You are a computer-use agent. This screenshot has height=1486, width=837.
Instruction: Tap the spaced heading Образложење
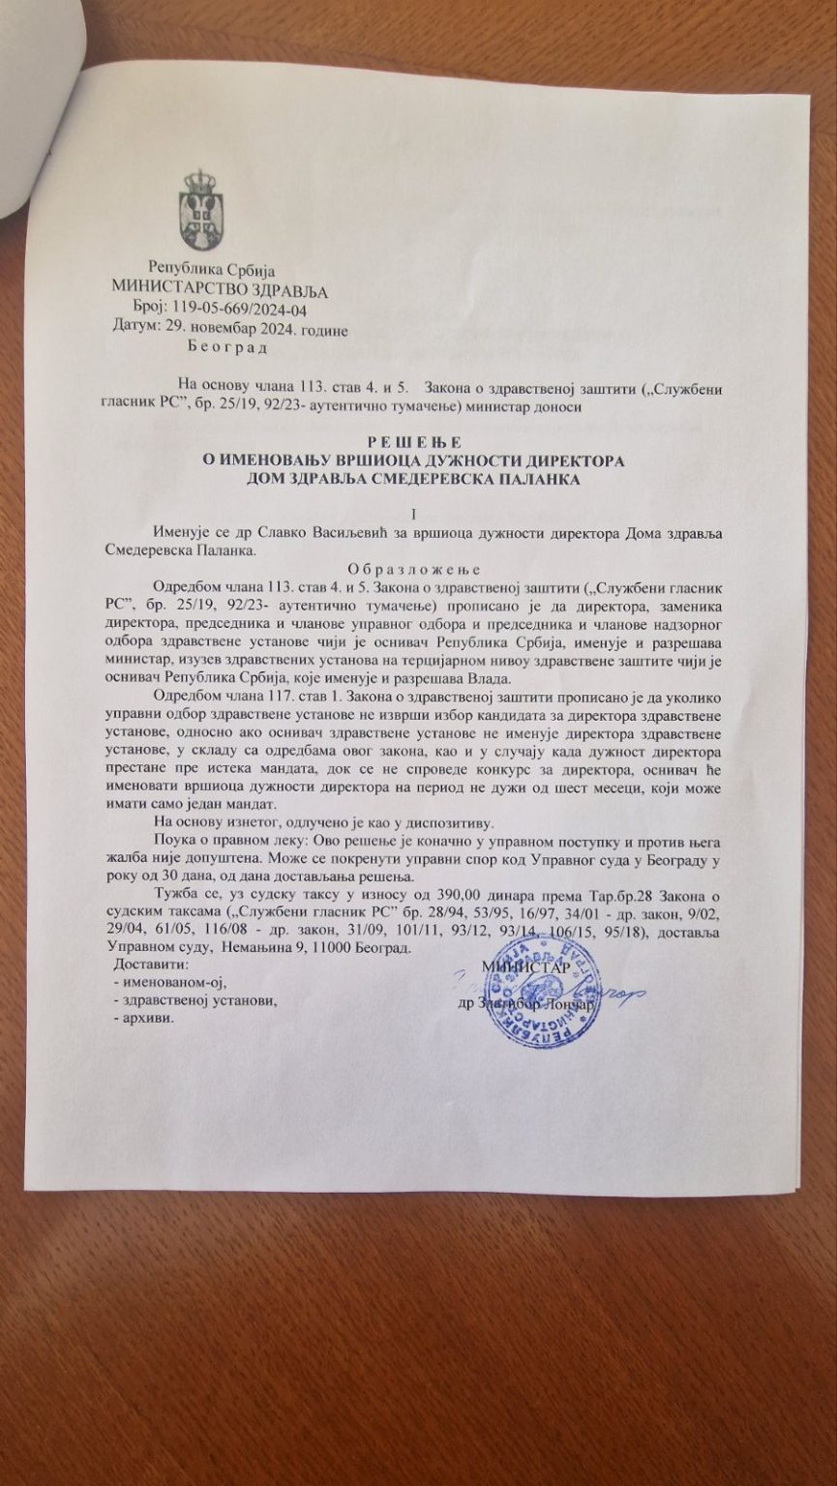click(412, 569)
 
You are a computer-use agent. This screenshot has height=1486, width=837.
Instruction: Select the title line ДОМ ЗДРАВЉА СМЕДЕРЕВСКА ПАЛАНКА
click(410, 479)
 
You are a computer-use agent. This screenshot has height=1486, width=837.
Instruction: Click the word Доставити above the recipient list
click(152, 966)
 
